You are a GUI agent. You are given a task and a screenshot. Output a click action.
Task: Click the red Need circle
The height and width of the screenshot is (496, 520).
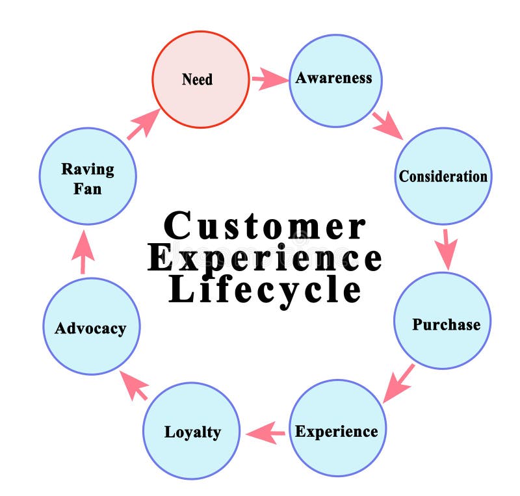201,79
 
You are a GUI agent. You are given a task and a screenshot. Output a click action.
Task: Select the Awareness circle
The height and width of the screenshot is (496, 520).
335,80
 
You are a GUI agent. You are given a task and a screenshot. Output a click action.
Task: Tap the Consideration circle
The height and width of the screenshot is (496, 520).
443,176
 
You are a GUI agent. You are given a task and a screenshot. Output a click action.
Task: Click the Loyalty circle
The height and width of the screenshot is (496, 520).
192,431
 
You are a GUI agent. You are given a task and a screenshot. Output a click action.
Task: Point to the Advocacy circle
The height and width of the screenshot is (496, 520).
91,326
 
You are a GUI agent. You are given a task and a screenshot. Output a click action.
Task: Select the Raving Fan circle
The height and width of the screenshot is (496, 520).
88,177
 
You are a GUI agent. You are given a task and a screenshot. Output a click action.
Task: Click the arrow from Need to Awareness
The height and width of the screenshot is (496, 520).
269,81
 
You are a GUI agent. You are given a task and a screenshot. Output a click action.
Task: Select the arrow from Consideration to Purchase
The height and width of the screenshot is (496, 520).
446,248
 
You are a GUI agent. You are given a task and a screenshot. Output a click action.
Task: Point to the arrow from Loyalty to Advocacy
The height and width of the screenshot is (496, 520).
133,386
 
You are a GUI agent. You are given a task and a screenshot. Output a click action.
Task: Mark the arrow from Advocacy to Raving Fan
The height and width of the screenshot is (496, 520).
83,252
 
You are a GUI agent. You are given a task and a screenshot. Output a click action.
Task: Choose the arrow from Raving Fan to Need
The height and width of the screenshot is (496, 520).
143,124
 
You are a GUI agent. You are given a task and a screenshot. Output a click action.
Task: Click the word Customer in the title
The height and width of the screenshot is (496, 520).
265,227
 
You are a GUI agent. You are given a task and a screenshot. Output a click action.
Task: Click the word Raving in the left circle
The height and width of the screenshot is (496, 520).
88,169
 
